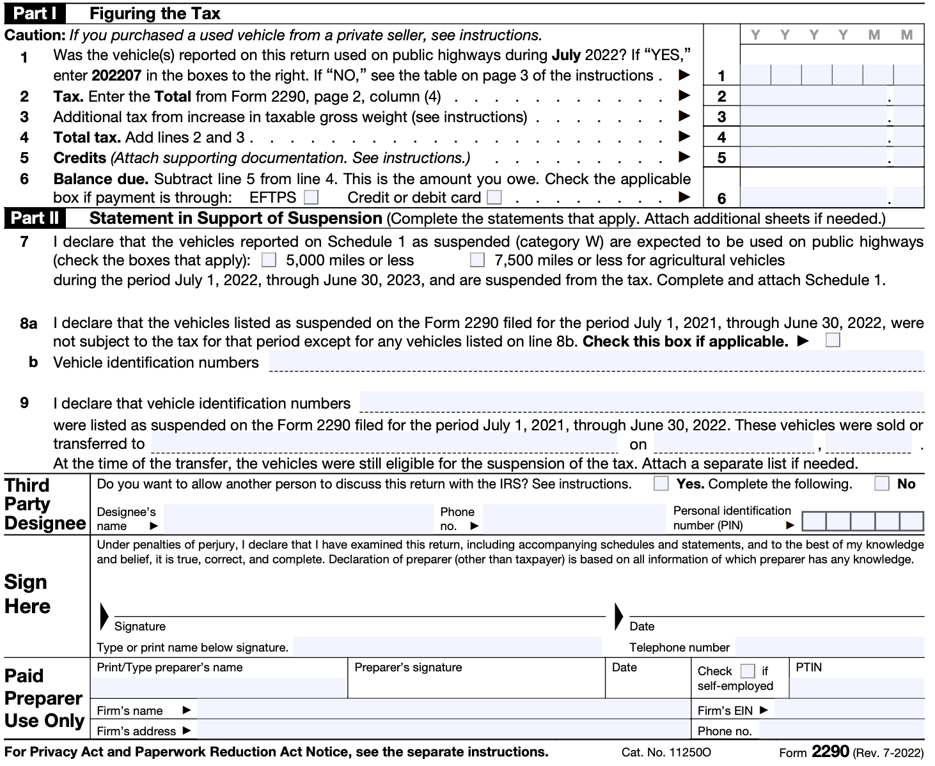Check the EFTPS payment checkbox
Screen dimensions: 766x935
(311, 197)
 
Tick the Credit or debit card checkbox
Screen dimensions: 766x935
(494, 197)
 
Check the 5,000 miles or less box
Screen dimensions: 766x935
(269, 260)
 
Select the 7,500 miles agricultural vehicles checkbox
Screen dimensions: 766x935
(477, 260)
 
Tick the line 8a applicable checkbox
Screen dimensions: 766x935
(833, 340)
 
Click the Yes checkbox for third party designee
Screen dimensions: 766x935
(661, 484)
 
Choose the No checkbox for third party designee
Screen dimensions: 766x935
(882, 484)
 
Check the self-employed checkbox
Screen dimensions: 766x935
(747, 671)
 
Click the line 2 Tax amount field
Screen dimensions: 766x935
(813, 97)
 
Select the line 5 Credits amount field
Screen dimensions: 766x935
(813, 157)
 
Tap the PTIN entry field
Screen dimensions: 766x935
(856, 687)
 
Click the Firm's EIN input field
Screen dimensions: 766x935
(849, 710)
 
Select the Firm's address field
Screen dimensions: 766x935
(443, 730)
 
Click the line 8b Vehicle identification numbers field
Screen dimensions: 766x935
(596, 361)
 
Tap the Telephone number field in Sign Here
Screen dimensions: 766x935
(829, 646)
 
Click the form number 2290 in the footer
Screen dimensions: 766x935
(829, 751)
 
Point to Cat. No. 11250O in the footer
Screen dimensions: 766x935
(666, 753)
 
